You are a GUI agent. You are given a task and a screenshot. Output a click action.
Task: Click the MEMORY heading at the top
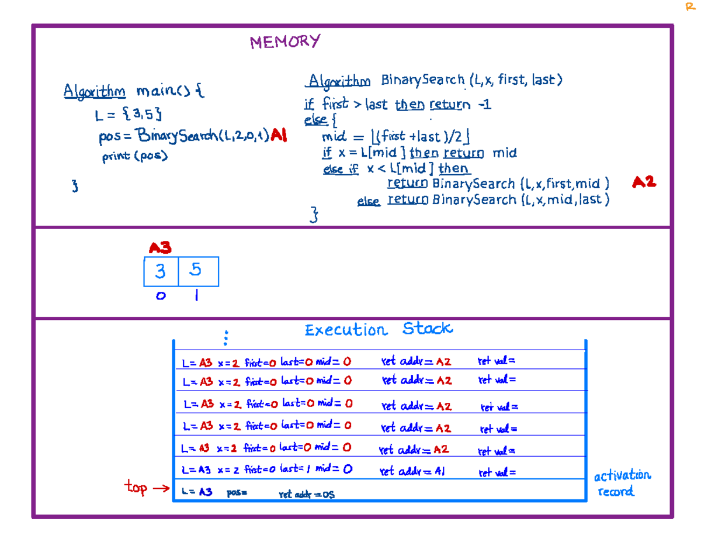pos(285,42)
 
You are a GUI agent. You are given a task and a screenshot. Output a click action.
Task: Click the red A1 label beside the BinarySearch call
pos(279,136)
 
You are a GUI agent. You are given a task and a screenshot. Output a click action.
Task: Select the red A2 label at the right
pos(644,182)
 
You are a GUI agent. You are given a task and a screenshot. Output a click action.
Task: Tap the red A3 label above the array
pos(159,248)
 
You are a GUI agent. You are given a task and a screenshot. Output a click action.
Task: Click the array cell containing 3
pos(161,271)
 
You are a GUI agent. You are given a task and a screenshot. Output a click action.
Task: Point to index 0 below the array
pos(161,296)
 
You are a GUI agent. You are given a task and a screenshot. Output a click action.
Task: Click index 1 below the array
pos(196,296)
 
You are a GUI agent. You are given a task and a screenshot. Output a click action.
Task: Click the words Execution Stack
pos(378,330)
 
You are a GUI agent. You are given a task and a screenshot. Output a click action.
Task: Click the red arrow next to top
pos(161,488)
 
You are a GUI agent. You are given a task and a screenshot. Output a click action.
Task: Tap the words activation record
pos(622,484)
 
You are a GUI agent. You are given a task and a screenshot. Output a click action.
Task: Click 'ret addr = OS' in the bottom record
pos(307,495)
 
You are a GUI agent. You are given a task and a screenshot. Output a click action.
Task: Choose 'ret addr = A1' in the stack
pos(412,471)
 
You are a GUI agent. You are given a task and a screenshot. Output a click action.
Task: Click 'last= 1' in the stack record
pos(294,469)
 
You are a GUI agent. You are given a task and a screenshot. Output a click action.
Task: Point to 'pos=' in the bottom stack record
pos(237,493)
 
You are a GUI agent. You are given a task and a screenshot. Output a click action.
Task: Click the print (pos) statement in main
pos(135,157)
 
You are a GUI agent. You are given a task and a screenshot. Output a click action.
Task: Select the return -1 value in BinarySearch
pos(484,105)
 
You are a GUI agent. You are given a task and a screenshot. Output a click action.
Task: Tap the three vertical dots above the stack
pos(225,337)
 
